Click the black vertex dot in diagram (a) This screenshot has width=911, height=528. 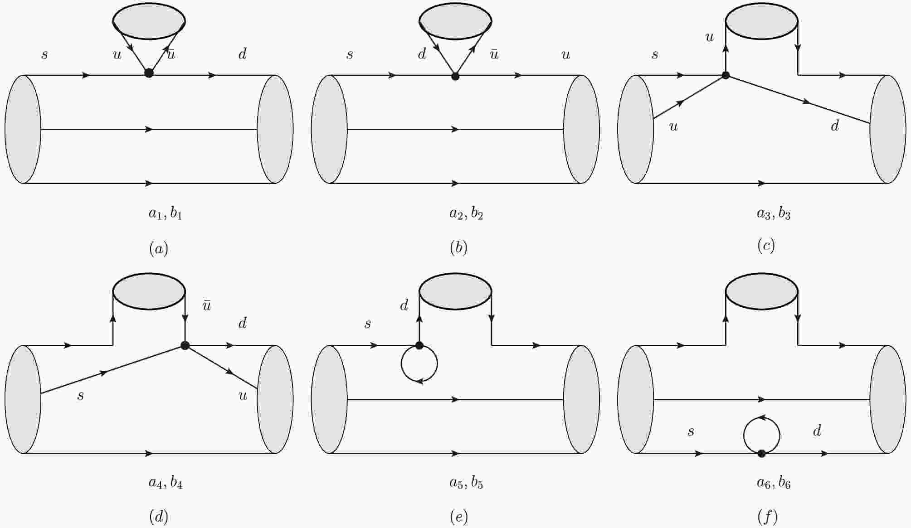149,73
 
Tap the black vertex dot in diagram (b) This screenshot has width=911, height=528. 455,76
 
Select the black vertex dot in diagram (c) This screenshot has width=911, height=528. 726,75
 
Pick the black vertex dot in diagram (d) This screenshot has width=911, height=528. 185,345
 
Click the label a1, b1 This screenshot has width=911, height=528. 166,213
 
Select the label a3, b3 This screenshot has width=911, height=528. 774,213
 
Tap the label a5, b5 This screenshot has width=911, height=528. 466,483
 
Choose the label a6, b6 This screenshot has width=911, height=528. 774,483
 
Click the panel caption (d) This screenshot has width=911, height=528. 159,517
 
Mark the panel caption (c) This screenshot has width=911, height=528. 766,245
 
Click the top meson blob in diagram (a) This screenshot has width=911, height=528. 149,21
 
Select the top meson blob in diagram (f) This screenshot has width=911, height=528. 762,291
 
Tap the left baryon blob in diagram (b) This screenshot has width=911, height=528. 329,129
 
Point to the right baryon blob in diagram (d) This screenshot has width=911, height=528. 275,399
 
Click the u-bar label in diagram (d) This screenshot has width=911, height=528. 207,305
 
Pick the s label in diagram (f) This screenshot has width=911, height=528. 691,431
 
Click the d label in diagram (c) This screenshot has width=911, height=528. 835,125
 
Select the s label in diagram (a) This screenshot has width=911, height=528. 44,55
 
